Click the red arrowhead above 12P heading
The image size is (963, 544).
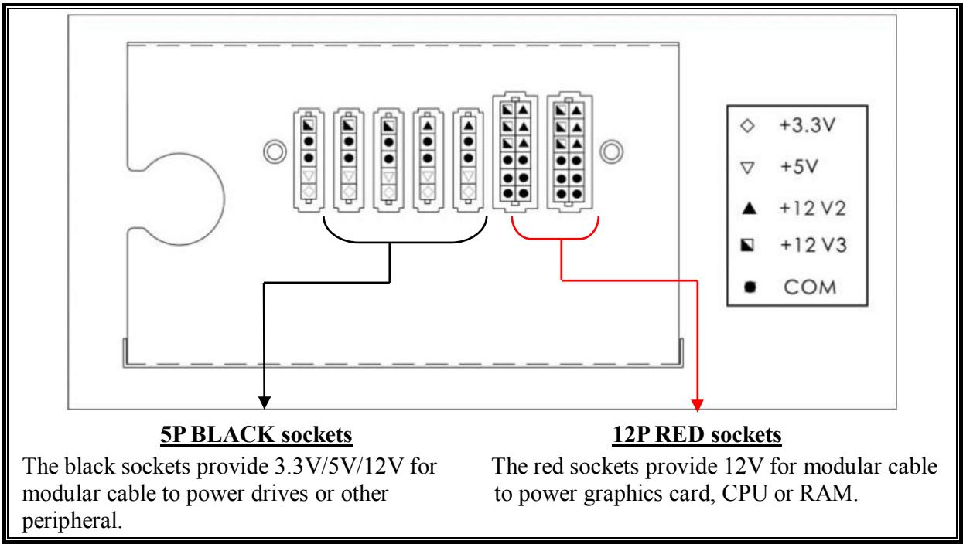(x=698, y=404)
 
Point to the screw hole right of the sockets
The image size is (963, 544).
(x=612, y=151)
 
